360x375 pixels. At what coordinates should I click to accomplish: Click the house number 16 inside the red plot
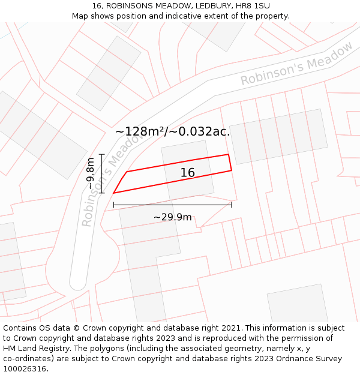coord(188,173)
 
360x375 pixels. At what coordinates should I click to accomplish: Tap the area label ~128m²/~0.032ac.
coord(173,131)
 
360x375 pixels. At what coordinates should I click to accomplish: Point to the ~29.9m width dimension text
coord(172,217)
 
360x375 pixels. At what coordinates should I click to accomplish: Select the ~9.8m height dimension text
coord(90,173)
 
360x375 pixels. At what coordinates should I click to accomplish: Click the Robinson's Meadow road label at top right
coord(296,64)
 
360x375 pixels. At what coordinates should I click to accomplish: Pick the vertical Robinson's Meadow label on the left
coord(106,180)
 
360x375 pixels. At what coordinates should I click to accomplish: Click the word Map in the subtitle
coord(81,16)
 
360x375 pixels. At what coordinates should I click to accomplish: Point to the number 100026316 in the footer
coord(24,369)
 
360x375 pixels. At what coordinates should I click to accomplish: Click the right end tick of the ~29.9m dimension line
coord(232,205)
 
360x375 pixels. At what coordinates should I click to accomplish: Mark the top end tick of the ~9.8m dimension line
coord(102,155)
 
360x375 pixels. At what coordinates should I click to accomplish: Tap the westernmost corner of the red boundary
coord(113,193)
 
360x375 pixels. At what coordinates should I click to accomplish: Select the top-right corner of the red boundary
coord(229,155)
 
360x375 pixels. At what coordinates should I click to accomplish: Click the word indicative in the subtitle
coord(219,16)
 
